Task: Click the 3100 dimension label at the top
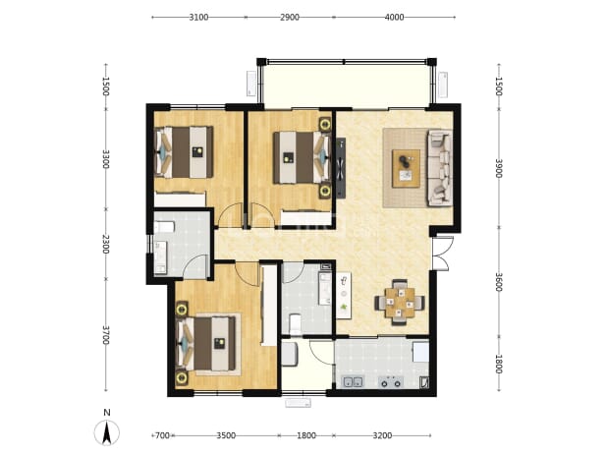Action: (x=198, y=18)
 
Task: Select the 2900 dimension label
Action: (x=290, y=18)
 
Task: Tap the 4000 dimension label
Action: (x=395, y=18)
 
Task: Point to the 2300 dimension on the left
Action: (x=105, y=244)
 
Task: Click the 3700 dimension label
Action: (x=105, y=335)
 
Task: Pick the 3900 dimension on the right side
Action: (x=499, y=168)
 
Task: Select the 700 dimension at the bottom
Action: (x=162, y=435)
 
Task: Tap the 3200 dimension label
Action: (x=382, y=435)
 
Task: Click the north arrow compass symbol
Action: (x=107, y=431)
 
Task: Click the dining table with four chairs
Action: (x=400, y=303)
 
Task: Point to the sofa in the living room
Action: (x=440, y=168)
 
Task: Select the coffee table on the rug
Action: (x=406, y=168)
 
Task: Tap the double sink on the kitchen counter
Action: (x=353, y=382)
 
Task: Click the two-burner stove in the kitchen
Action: (x=390, y=382)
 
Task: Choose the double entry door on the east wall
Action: (x=442, y=253)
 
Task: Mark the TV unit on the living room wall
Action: (x=341, y=168)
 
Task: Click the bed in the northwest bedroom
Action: (x=184, y=152)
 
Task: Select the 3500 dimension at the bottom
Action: (x=226, y=435)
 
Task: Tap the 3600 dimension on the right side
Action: (x=499, y=282)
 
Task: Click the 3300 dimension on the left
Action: (x=105, y=159)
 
